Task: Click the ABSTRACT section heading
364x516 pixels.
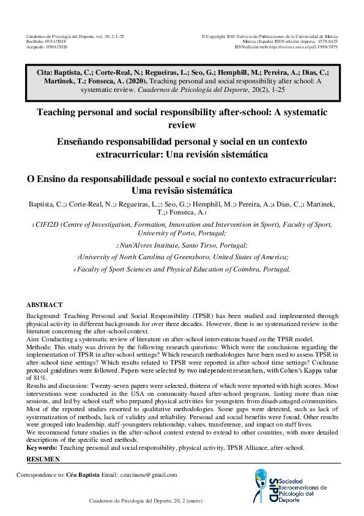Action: pyautogui.click(x=44, y=305)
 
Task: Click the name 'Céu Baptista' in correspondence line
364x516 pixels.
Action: pyautogui.click(x=83, y=475)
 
